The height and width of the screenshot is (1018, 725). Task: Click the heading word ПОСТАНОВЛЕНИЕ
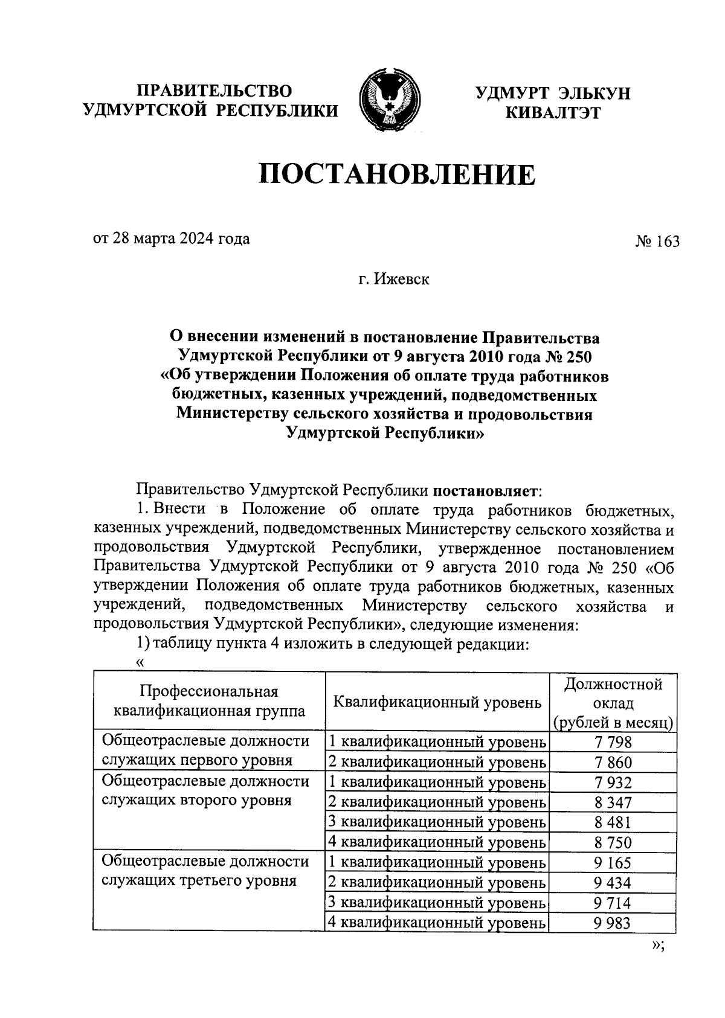[x=398, y=176]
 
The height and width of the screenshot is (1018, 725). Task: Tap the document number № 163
[x=657, y=242]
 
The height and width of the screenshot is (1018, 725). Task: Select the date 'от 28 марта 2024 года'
[x=171, y=239]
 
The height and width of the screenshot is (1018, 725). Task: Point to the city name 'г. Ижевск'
[x=393, y=280]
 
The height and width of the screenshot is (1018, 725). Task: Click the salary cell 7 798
[x=612, y=743]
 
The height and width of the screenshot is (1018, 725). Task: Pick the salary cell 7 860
[x=612, y=763]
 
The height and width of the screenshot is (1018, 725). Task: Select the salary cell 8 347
[x=612, y=802]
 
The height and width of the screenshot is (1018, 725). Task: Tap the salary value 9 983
[x=612, y=923]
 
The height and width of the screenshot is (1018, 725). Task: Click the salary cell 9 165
[x=612, y=863]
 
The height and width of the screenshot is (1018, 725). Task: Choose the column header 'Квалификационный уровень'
[x=437, y=702]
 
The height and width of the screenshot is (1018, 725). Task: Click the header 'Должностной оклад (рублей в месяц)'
[x=613, y=703]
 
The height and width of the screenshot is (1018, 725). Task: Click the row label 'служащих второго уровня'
[x=196, y=801]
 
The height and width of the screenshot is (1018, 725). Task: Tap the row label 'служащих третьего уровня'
[x=199, y=880]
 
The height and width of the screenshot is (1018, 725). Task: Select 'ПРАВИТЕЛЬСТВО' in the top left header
[x=214, y=91]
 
